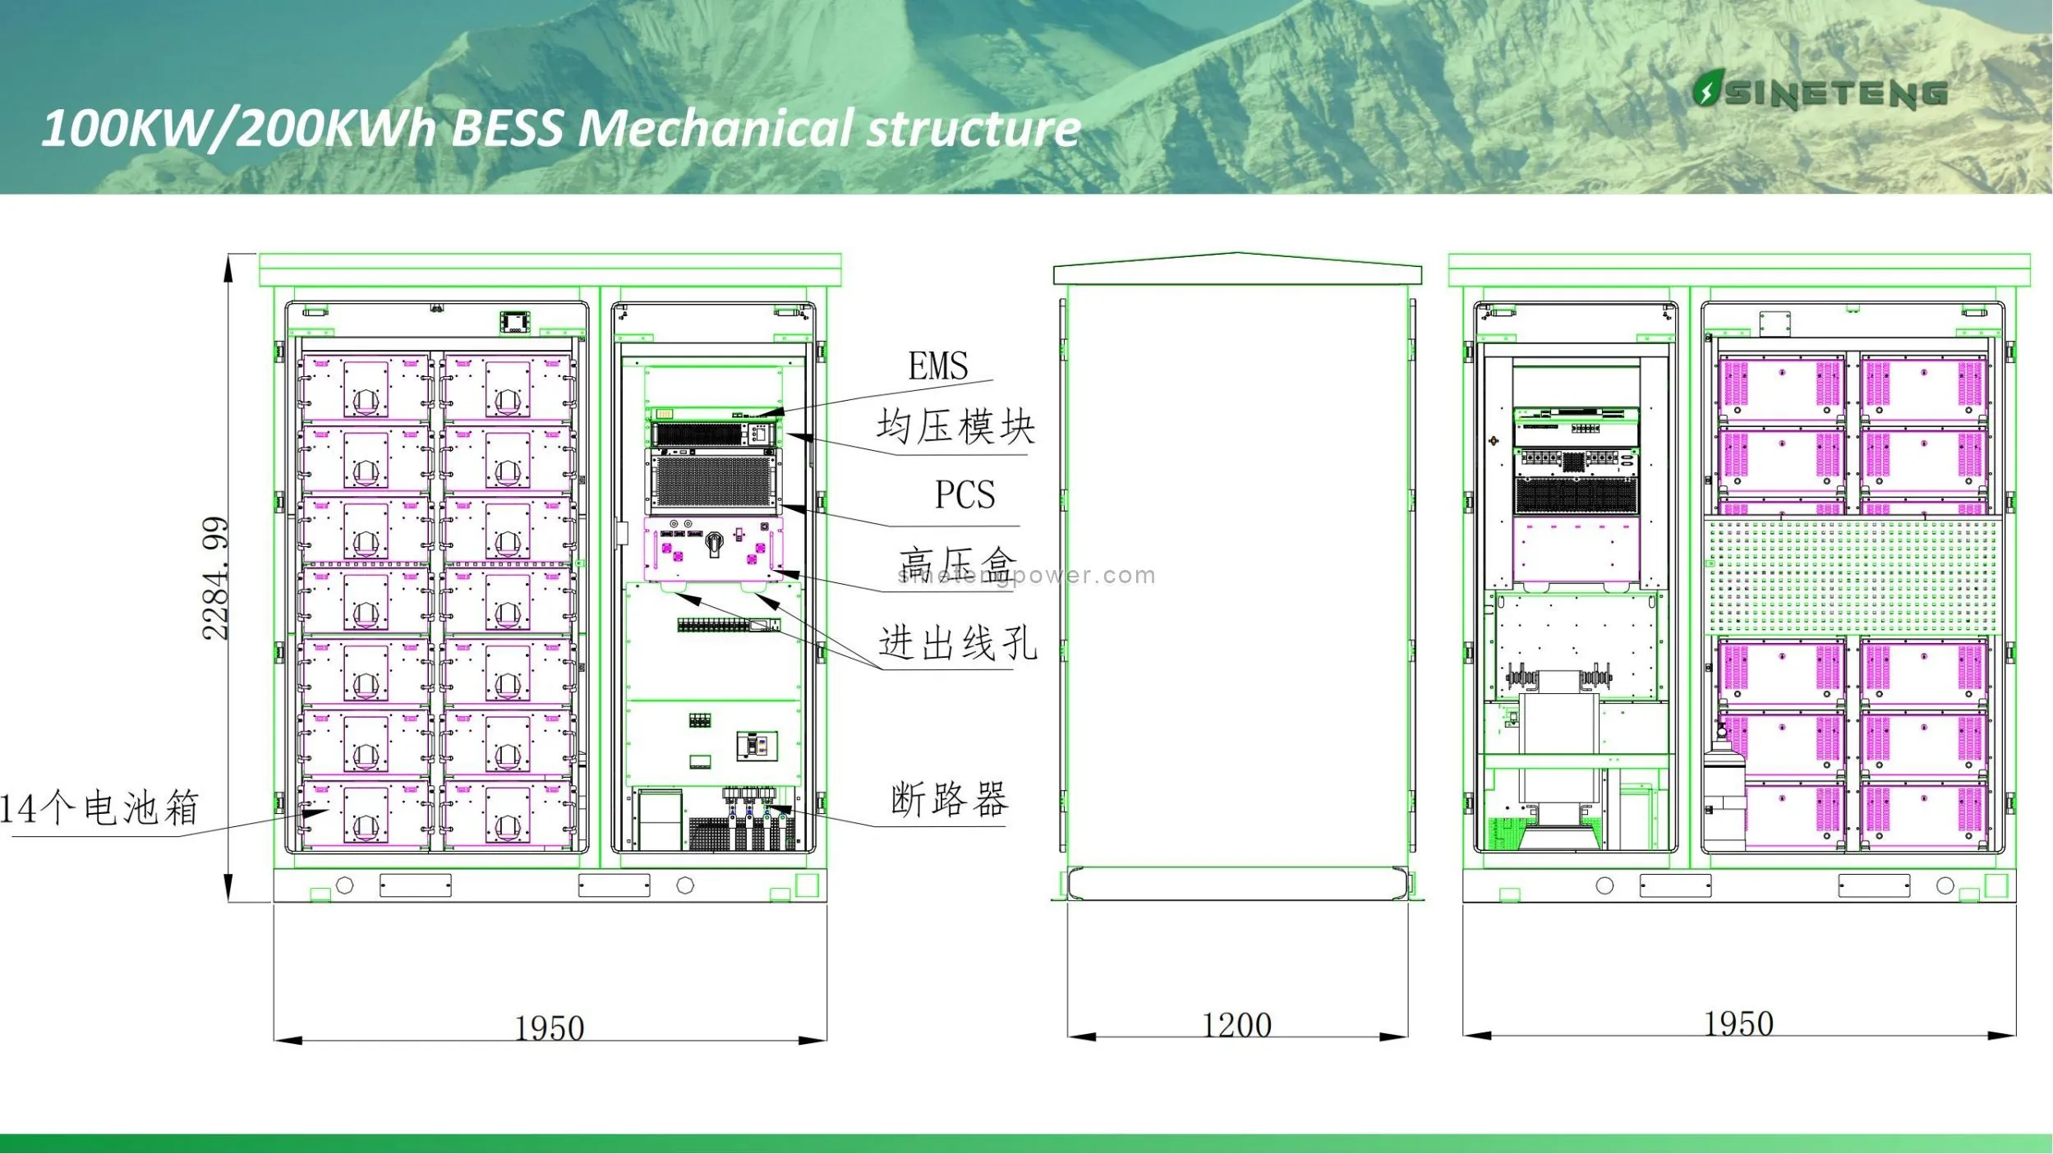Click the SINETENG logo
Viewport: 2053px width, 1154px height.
click(1819, 92)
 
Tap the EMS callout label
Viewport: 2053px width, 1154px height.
click(937, 366)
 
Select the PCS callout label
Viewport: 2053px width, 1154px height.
click(964, 494)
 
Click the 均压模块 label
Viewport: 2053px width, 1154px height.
click(955, 427)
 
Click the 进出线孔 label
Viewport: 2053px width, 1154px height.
click(957, 642)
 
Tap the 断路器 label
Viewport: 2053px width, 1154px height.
click(949, 799)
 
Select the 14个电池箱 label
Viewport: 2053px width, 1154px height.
click(99, 808)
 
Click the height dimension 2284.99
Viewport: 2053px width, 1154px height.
click(215, 578)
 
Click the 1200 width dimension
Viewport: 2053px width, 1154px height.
click(1236, 1025)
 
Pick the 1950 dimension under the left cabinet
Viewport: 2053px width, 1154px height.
click(549, 1028)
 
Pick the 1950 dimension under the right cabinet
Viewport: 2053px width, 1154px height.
click(1738, 1023)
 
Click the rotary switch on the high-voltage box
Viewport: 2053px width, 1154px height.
click(714, 541)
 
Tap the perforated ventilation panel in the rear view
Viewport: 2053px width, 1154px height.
click(1853, 576)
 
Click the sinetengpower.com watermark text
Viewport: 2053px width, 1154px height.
click(1027, 576)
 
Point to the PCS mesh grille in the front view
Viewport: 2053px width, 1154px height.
click(713, 481)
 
